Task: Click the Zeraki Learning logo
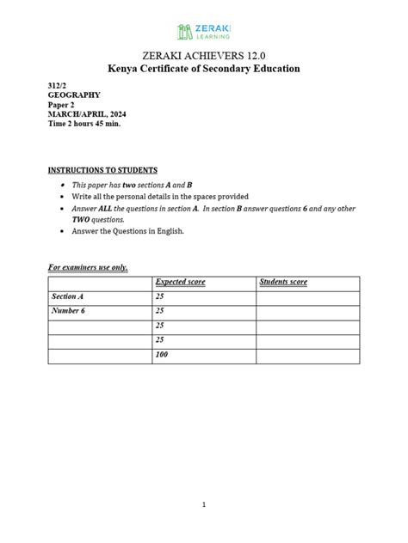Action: pyautogui.click(x=204, y=32)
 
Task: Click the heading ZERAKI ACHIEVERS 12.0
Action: pyautogui.click(x=204, y=55)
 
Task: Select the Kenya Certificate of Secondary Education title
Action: pyautogui.click(x=204, y=69)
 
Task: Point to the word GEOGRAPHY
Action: pyautogui.click(x=73, y=95)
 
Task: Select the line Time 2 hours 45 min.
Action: pyautogui.click(x=84, y=124)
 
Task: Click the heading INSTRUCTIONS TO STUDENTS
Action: pyautogui.click(x=102, y=170)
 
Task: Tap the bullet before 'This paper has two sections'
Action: pyautogui.click(x=62, y=185)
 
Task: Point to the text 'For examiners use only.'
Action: pyautogui.click(x=88, y=267)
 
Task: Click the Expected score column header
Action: pyautogui.click(x=180, y=283)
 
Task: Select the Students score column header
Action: pyautogui.click(x=283, y=283)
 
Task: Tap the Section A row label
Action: pyautogui.click(x=69, y=296)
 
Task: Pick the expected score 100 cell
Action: pyautogui.click(x=161, y=355)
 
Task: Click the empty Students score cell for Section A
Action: pyautogui.click(x=306, y=297)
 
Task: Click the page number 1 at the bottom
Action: pyautogui.click(x=204, y=505)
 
